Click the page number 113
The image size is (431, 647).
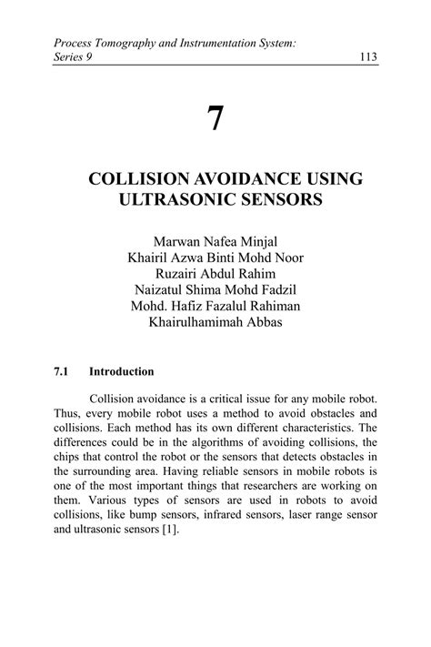coord(368,57)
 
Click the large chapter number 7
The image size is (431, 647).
coord(215,119)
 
